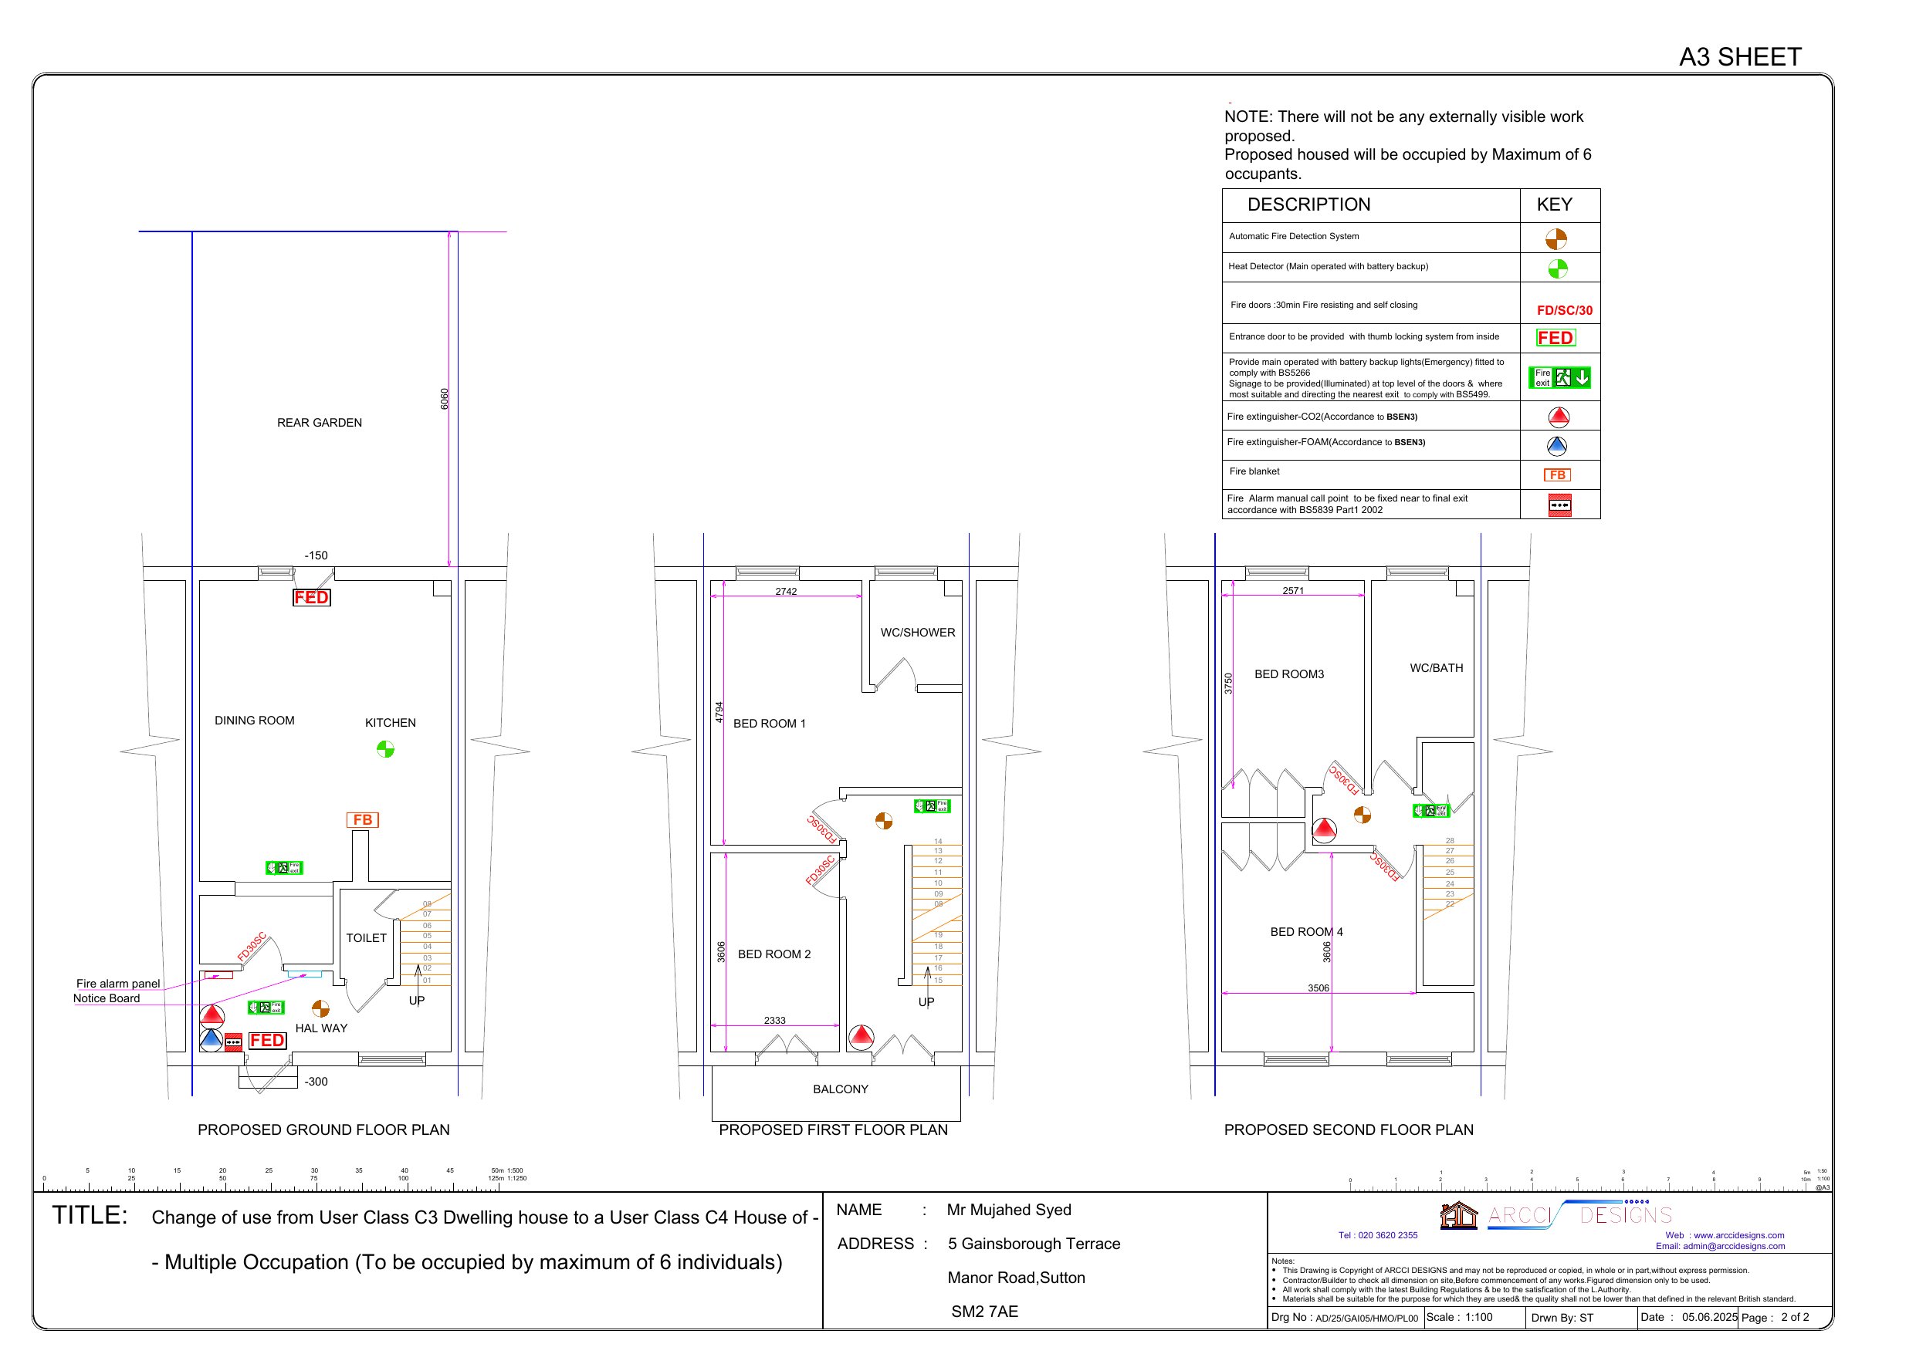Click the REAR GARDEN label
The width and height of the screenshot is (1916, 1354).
point(319,423)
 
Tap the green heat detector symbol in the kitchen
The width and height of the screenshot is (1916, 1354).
point(384,749)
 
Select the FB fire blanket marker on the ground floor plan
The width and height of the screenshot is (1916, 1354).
point(362,820)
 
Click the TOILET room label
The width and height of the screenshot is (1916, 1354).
point(367,937)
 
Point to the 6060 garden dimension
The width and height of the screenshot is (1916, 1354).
point(445,399)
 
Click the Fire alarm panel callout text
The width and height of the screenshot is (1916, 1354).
point(117,984)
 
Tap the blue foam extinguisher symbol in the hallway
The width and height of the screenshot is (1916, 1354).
point(211,1040)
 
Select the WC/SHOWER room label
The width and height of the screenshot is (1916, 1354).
point(917,633)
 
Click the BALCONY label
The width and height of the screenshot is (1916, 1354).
point(841,1089)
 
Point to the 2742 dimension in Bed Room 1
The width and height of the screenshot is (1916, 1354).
point(785,592)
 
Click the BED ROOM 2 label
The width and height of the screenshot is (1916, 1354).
point(774,954)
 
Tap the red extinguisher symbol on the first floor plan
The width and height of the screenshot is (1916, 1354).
point(862,1037)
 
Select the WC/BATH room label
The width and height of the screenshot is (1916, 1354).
point(1436,667)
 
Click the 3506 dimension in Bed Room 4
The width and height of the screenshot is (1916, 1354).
point(1318,988)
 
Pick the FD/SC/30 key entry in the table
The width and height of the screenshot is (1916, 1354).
point(1564,310)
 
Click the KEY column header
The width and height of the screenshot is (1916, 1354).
point(1554,204)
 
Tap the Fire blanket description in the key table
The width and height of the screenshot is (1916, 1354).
point(1254,471)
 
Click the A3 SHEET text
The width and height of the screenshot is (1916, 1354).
point(1740,57)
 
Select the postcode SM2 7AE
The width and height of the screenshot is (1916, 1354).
point(984,1312)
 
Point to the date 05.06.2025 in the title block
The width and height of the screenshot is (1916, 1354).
point(1708,1317)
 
